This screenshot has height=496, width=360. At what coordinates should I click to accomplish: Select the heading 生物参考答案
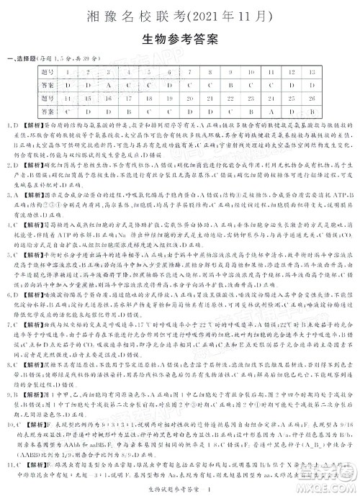pyautogui.click(x=180, y=40)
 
